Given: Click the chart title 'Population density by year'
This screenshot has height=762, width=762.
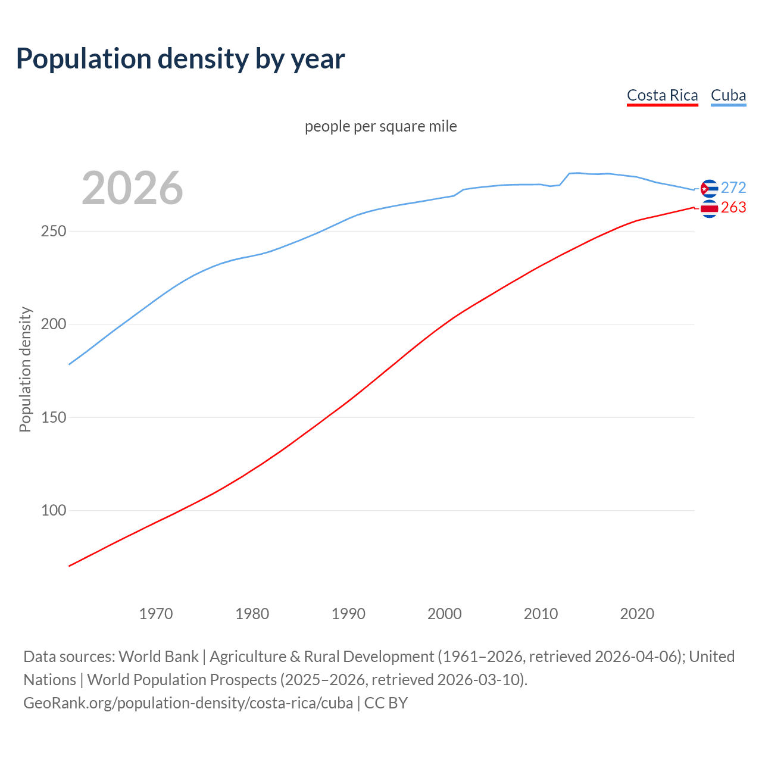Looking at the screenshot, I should (180, 58).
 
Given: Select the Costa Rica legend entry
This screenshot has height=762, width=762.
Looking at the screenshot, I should (662, 95).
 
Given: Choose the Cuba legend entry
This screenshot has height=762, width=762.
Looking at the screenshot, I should (728, 95).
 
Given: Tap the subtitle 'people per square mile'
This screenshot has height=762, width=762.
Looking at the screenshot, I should (380, 126).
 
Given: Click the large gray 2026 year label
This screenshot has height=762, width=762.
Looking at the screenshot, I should (132, 188).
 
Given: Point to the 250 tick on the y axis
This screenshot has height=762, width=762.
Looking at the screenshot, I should (53, 231).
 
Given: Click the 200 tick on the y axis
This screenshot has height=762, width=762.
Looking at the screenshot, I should (53, 324).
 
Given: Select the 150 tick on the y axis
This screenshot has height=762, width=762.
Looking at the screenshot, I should (53, 417).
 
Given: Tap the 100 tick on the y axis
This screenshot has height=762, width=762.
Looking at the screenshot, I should (53, 511).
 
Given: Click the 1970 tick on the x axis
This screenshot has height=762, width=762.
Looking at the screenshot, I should (156, 614).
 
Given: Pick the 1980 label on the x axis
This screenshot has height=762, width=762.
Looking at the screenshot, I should (252, 614).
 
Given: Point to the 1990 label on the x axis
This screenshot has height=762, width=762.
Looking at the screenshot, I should (348, 614).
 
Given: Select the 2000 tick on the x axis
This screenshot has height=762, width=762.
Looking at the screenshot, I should (445, 614).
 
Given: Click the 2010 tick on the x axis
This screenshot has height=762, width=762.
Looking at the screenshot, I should (541, 614).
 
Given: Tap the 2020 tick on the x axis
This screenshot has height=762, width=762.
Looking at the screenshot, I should (637, 614).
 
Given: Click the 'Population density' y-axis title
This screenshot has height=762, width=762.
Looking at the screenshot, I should (25, 369).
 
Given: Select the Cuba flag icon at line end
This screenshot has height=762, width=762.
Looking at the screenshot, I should (709, 188).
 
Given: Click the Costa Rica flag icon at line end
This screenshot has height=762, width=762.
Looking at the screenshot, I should (709, 208).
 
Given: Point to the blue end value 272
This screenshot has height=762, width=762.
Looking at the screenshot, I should (733, 188).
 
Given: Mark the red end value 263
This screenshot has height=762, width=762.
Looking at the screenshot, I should (733, 207).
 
